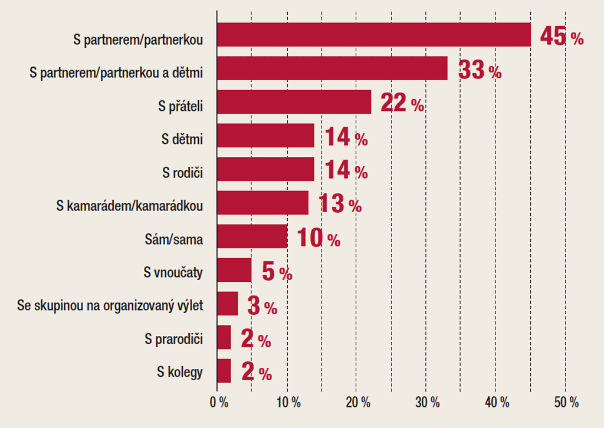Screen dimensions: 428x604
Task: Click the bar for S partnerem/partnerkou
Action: tap(374, 35)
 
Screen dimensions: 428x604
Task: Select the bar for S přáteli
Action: tap(294, 102)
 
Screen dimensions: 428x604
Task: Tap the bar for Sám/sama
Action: tap(252, 236)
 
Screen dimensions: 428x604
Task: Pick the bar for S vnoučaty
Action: tap(234, 270)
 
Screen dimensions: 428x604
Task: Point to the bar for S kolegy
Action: tap(224, 371)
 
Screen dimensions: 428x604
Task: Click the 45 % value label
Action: tap(562, 38)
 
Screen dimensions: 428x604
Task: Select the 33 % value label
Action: tap(480, 71)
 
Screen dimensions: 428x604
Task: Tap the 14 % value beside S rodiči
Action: tap(346, 172)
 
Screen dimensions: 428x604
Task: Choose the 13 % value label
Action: tap(340, 205)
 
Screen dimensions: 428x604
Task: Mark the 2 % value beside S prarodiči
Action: tap(256, 340)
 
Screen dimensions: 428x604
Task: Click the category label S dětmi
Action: tap(182, 140)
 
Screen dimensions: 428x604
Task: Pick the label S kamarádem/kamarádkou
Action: tap(130, 207)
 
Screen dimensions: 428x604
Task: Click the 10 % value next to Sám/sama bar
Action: tap(319, 238)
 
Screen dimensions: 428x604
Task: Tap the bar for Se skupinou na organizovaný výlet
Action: tap(228, 304)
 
